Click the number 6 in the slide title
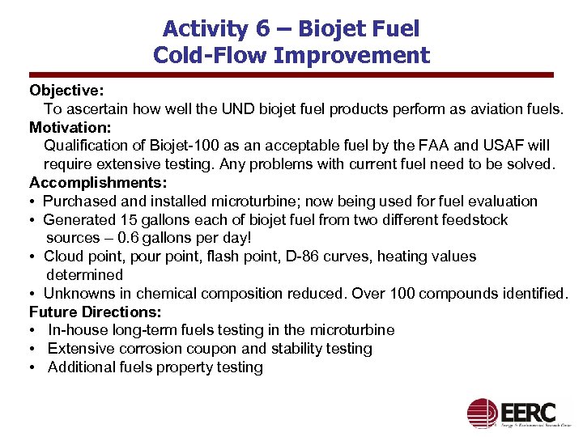pos(262,29)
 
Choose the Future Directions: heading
pos(96,312)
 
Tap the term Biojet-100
pos(166,146)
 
